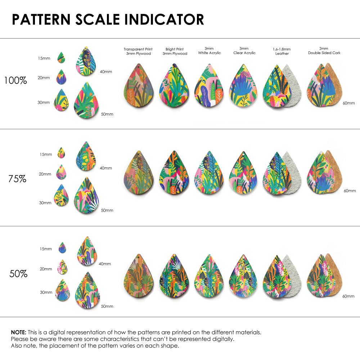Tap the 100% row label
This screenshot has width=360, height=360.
point(15,80)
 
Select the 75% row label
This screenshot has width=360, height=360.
point(17,179)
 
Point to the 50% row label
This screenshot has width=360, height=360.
point(18,274)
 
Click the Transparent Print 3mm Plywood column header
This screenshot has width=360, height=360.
point(138,51)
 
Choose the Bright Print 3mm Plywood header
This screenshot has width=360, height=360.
point(175,51)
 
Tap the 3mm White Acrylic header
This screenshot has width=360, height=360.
point(209,51)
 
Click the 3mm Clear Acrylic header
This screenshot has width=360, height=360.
point(244,51)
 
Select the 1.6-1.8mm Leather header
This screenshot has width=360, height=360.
point(282,51)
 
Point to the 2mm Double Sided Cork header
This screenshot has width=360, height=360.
point(324,51)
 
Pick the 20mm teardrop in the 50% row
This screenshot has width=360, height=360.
point(62,267)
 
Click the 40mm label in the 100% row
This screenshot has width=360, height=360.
point(106,72)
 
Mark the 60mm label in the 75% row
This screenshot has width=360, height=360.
point(350,190)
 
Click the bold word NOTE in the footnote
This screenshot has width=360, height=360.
point(18,332)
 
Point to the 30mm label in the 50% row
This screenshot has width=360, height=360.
point(46,293)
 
